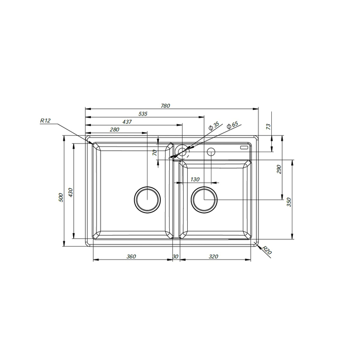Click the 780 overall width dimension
(166, 106)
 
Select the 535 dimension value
(143, 113)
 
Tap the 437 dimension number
(127, 122)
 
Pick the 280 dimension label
(114, 129)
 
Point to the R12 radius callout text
(45, 121)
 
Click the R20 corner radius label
(267, 250)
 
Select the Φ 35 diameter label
(214, 126)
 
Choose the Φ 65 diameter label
(232, 125)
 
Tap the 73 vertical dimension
(269, 126)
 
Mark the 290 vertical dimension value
(279, 169)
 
